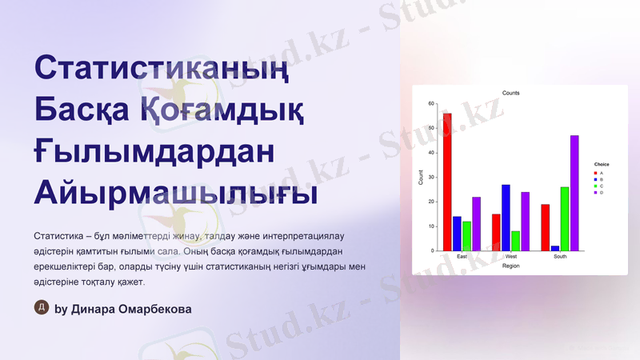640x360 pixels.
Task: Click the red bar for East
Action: pos(447,182)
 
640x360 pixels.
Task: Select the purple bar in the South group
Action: pos(574,193)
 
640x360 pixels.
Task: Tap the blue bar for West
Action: pos(506,218)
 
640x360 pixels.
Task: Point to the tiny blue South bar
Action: pos(555,248)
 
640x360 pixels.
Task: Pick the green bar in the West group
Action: pos(515,241)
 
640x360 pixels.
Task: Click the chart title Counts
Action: pos(510,94)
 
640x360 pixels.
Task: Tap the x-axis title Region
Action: pos(510,266)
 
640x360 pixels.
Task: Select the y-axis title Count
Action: pos(422,178)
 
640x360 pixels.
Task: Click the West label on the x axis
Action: pos(510,257)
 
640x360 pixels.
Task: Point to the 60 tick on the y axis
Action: pos(430,104)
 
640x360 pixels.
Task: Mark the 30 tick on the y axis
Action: pos(430,178)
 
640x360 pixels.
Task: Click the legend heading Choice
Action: pos(602,165)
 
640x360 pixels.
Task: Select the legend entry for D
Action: pos(601,193)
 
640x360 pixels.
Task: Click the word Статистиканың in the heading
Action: pos(160,68)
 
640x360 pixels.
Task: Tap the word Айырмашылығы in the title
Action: pos(175,193)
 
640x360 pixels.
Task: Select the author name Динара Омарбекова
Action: pos(131,309)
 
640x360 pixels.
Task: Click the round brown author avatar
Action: pos(42,308)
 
